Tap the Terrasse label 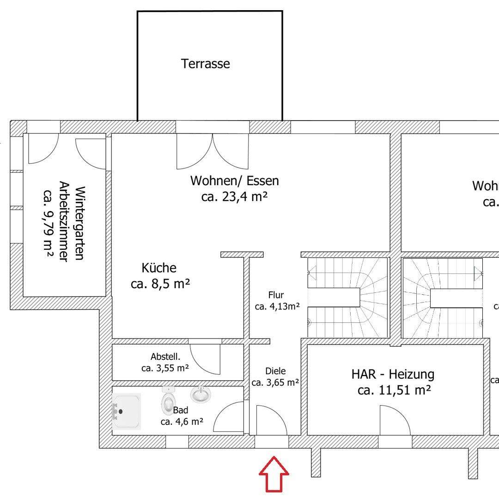tap(206, 64)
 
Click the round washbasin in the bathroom tap(201, 394)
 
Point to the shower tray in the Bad tap(126, 411)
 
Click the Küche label tap(159, 268)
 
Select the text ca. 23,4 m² tap(235, 197)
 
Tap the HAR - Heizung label tap(393, 374)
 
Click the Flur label tap(276, 295)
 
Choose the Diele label tap(275, 371)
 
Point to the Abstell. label tap(165, 357)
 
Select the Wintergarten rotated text tap(79, 223)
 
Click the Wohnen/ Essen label tap(235, 181)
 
